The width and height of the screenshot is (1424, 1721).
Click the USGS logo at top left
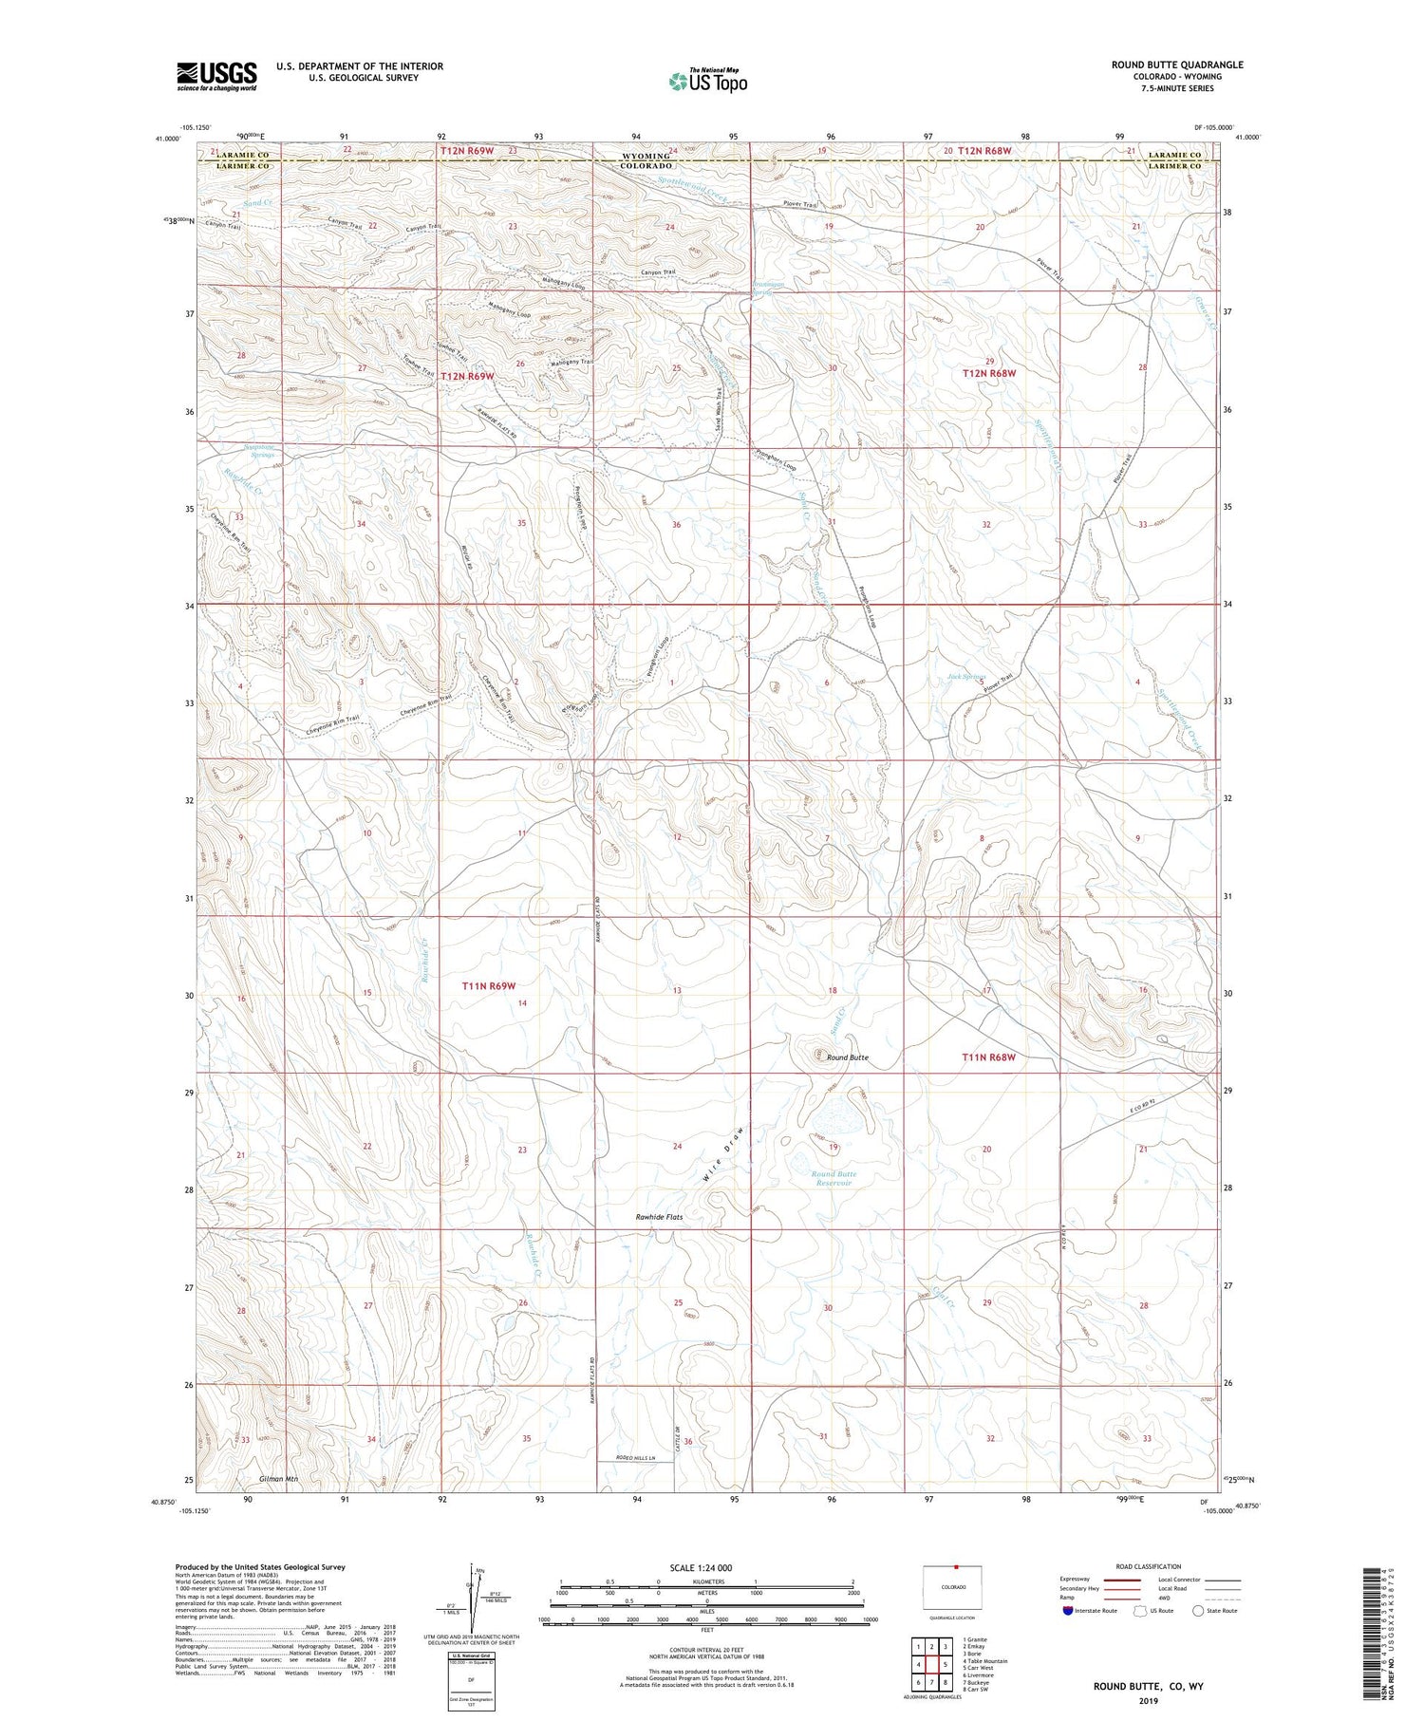click(x=216, y=76)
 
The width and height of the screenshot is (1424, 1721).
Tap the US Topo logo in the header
click(x=707, y=81)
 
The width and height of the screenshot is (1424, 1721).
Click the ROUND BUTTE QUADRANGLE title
click(x=1177, y=65)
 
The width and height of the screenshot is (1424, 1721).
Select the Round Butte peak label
click(x=847, y=1057)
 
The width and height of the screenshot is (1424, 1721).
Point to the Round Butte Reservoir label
click(x=834, y=1178)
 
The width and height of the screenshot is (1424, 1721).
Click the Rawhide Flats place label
click(x=659, y=1216)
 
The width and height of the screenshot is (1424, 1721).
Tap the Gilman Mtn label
click(x=278, y=1479)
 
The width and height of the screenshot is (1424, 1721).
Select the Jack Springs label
click(x=966, y=677)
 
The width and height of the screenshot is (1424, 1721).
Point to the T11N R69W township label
click(x=488, y=986)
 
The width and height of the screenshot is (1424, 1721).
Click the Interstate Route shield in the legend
click(x=1067, y=1611)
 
